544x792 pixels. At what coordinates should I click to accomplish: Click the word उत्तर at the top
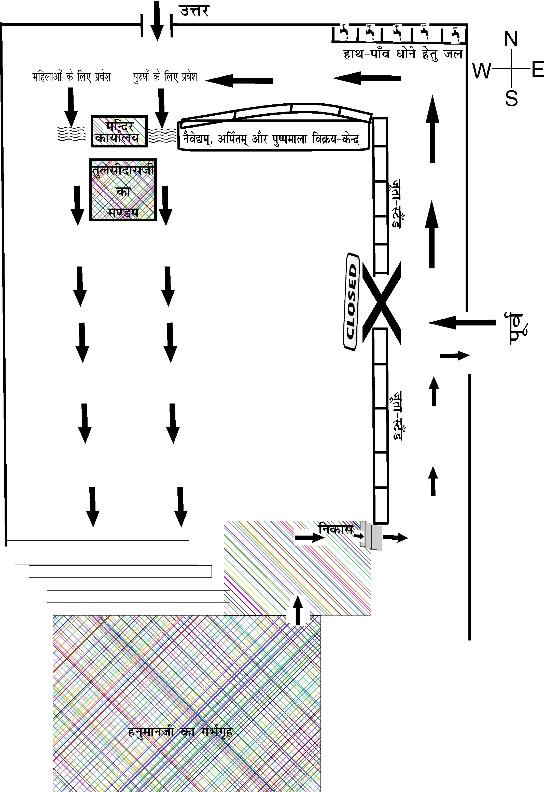194,11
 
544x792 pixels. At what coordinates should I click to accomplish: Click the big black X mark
381,302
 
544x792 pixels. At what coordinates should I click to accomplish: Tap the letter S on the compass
511,99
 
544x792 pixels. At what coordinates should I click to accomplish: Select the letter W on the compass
482,71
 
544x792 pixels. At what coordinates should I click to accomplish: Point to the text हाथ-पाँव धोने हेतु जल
403,54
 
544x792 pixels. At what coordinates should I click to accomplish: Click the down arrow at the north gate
157,20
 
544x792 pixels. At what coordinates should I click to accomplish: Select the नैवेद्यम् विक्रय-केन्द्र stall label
271,139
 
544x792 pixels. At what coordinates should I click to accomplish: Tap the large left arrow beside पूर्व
462,322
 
